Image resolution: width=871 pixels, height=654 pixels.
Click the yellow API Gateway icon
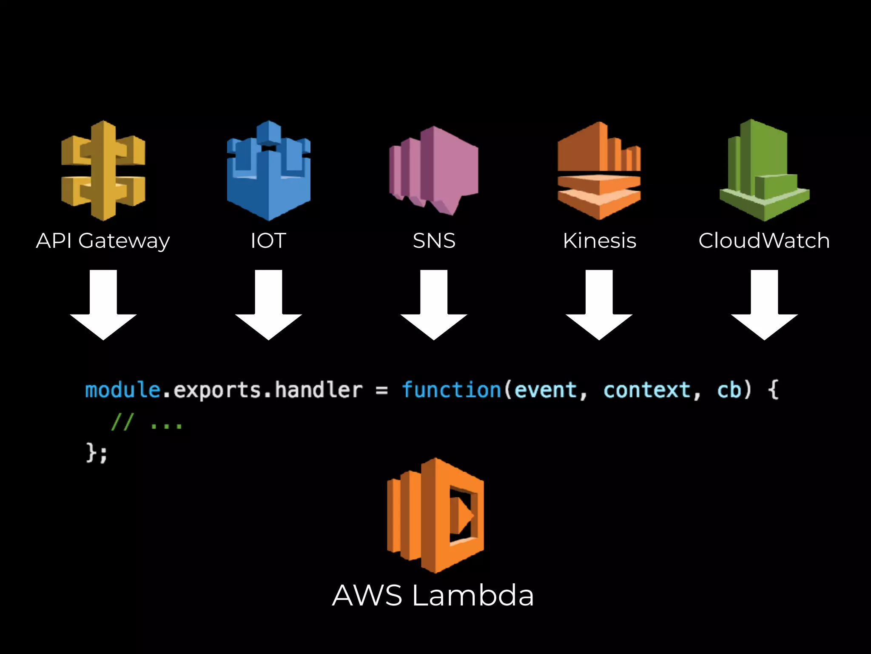103,170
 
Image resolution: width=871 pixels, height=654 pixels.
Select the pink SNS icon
433,170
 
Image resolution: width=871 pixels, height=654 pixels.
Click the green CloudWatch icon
764,170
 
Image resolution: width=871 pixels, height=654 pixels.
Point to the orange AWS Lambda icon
435,515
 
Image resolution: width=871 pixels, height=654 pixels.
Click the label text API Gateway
103,241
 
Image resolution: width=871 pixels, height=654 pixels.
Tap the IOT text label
268,241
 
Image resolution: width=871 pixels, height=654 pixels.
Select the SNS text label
434,241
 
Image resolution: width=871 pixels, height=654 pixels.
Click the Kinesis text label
599,241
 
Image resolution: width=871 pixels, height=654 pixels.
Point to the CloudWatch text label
764,241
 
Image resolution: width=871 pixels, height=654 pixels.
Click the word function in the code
451,390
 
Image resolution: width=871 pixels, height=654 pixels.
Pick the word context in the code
647,390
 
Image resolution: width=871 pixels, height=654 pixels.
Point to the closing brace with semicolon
97,452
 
